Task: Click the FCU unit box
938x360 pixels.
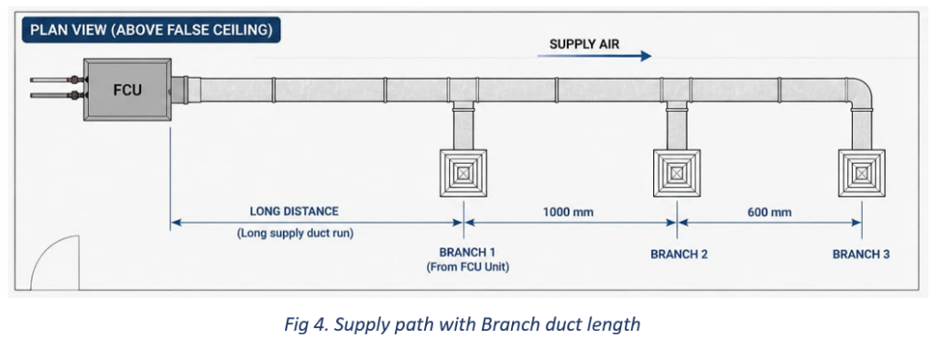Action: coord(127,90)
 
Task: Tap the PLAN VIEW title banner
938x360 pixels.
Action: coord(151,30)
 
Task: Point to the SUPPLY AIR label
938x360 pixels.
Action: coord(584,44)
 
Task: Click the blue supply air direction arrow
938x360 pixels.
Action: coord(594,56)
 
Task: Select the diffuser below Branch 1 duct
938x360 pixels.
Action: coord(463,173)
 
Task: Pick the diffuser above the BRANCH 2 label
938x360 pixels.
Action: coord(677,173)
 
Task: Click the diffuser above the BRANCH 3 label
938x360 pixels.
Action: coord(861,173)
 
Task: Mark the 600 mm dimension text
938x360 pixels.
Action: coord(769,212)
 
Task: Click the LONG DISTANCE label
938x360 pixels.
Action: coord(294,211)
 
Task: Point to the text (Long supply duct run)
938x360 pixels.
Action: coord(296,234)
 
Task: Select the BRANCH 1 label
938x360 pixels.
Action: coord(467,252)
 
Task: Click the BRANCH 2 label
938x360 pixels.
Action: coord(680,254)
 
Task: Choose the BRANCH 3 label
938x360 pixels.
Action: coord(861,254)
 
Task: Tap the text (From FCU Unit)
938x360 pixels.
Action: coord(468,267)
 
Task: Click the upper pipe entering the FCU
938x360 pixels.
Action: coord(57,80)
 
